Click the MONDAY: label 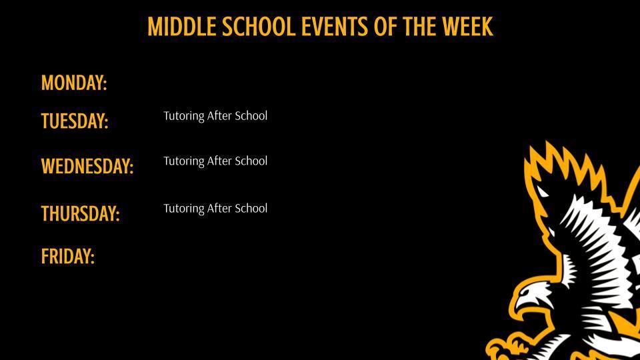74,83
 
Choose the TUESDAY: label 75,121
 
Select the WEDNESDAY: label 87,166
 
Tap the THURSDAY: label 80,214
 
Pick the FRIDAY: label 68,257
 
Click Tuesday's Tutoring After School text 215,116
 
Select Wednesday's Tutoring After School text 215,161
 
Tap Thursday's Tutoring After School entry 215,209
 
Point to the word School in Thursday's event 251,209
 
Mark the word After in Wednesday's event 219,161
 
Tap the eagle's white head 543,293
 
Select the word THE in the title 419,27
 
